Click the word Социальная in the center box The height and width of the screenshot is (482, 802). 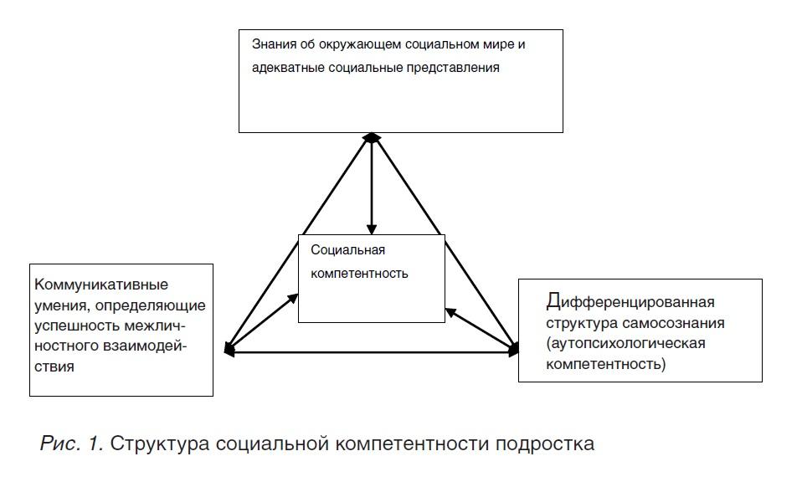point(347,250)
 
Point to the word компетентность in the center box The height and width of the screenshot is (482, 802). point(359,274)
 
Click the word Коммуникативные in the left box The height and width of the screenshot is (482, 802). point(101,285)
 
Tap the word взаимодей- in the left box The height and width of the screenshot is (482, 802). point(146,346)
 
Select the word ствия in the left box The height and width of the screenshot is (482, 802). point(54,367)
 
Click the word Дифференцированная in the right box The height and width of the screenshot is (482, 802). point(630,301)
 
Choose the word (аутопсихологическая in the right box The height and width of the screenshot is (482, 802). point(625,343)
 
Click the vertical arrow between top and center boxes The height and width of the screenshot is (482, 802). point(372,184)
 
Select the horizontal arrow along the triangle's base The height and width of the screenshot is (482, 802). point(372,352)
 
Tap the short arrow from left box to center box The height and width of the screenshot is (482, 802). point(262,322)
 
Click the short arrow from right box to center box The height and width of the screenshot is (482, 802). point(481,329)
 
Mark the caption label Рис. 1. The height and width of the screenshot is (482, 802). point(72,444)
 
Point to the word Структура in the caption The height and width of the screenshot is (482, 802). point(160,444)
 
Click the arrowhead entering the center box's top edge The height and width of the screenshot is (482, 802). point(372,230)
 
